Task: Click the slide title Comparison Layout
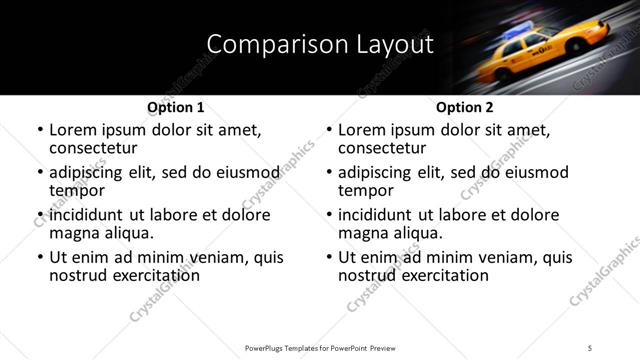320,45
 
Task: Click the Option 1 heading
175,107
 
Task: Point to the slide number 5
590,347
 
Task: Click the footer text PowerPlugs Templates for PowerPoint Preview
319,347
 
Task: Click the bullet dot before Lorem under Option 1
39,131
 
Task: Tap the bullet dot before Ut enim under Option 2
329,257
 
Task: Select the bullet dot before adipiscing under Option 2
329,173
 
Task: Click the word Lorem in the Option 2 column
361,130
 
